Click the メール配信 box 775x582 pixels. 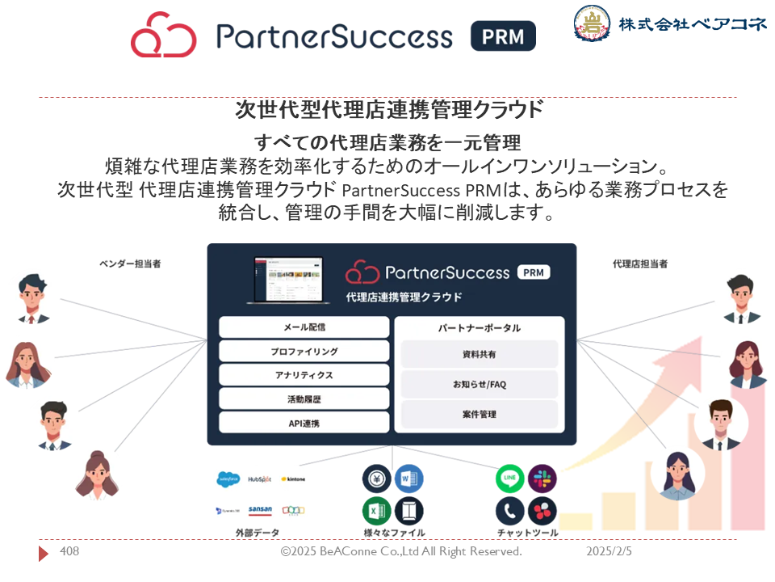tap(304, 327)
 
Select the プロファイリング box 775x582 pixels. tap(304, 352)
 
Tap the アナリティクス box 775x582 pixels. tap(304, 375)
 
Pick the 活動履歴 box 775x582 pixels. tap(304, 399)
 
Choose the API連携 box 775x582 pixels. tap(304, 423)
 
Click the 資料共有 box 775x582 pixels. tap(480, 354)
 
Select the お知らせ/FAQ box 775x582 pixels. tap(480, 384)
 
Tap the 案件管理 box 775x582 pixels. tap(480, 414)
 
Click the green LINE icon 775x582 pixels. tap(510, 479)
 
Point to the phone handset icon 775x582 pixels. tap(510, 511)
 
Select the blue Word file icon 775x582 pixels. tap(408, 479)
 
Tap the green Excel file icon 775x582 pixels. tap(377, 511)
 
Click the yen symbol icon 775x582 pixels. tap(377, 479)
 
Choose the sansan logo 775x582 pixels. tap(260, 510)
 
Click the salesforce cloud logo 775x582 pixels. tap(228, 479)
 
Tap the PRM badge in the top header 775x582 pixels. tap(503, 36)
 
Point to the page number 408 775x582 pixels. tap(69, 551)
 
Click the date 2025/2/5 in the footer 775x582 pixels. tap(609, 551)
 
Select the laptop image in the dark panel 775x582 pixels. tap(288, 279)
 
